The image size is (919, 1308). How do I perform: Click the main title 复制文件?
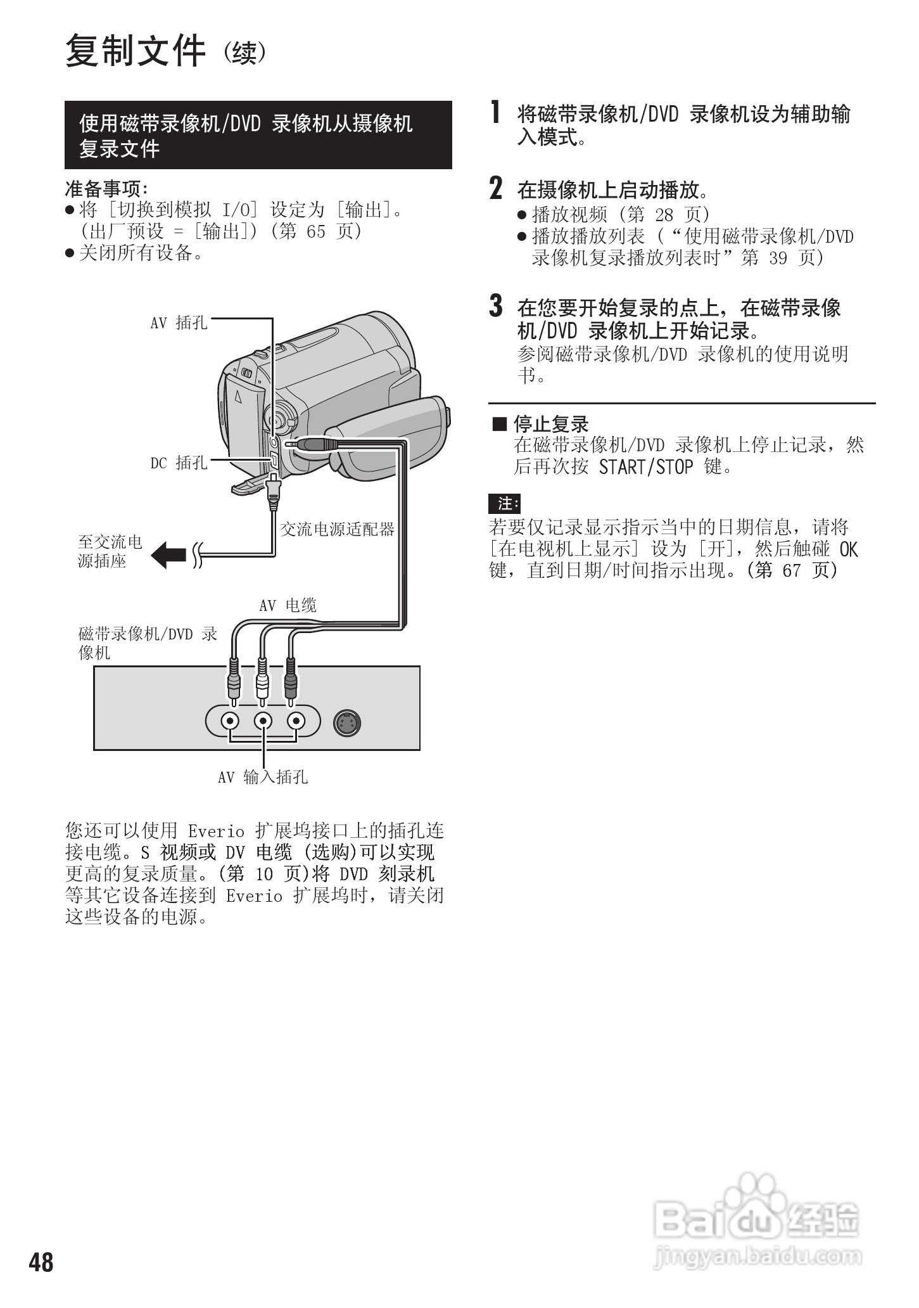tap(136, 51)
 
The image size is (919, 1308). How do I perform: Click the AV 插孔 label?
tap(179, 323)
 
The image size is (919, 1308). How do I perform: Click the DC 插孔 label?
tap(179, 463)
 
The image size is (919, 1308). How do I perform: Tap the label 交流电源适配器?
tap(337, 529)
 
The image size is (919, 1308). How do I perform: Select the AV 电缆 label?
tap(288, 605)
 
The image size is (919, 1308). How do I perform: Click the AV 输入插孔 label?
tap(262, 777)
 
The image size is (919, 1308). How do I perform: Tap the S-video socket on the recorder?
tap(348, 722)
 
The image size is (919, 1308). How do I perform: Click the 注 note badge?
tap(505, 504)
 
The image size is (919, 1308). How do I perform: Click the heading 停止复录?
tap(550, 424)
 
